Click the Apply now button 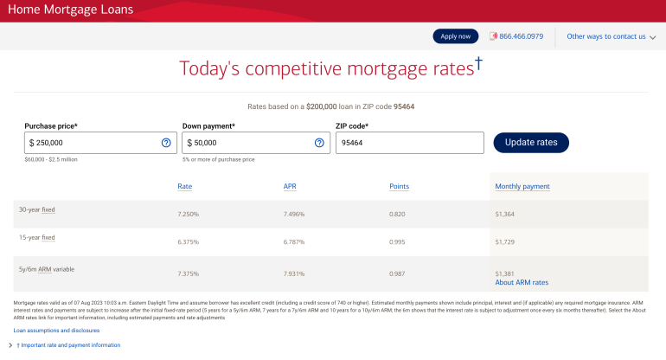pos(455,36)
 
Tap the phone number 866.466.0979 pos(521,36)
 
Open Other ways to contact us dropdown pos(611,36)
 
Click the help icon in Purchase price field pos(166,143)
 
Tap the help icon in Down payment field pos(319,143)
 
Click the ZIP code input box pos(409,143)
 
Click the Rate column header pos(185,186)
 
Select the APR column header pos(290,186)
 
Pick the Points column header pos(399,186)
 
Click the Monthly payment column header pos(522,186)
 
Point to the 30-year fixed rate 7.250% pos(189,214)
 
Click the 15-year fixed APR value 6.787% pos(294,241)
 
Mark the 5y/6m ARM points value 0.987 pos(397,273)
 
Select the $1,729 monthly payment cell pos(504,241)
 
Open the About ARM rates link pos(522,282)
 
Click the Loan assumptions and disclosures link pos(56,331)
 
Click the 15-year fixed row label pos(37,238)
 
